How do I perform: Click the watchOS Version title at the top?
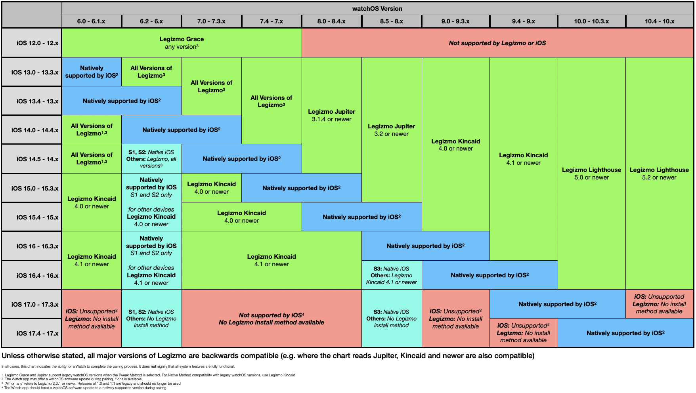(x=377, y=8)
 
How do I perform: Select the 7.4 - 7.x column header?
(x=271, y=21)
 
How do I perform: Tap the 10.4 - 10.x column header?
(x=659, y=21)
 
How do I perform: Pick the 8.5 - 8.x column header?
(x=391, y=21)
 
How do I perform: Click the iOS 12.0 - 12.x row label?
(x=37, y=43)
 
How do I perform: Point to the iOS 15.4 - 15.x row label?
(x=37, y=217)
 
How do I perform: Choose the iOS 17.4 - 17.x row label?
(x=37, y=333)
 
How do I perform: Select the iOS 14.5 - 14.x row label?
(x=37, y=159)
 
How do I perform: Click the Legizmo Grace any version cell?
(x=182, y=43)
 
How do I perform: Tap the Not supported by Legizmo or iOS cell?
(x=497, y=43)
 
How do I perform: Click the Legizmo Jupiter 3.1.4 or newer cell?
(x=331, y=115)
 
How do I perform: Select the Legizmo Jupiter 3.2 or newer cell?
(x=391, y=130)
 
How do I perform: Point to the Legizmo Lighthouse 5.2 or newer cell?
(x=659, y=174)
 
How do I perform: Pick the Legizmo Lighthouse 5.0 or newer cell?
(x=591, y=174)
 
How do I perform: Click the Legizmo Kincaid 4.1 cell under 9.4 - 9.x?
(x=523, y=159)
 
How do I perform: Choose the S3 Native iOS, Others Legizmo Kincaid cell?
(x=391, y=275)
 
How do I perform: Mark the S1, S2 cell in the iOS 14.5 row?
(x=151, y=159)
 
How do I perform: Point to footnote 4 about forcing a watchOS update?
(x=85, y=388)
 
